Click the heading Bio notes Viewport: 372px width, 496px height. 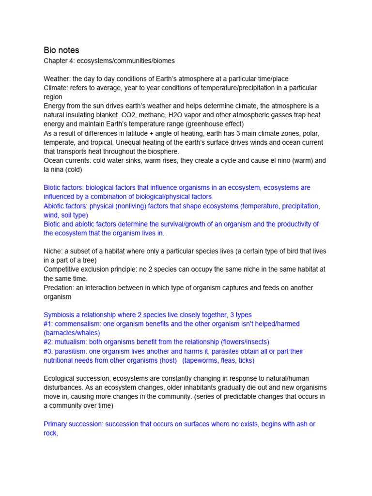point(62,50)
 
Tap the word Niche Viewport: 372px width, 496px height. point(53,251)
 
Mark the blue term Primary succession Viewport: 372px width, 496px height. point(73,424)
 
